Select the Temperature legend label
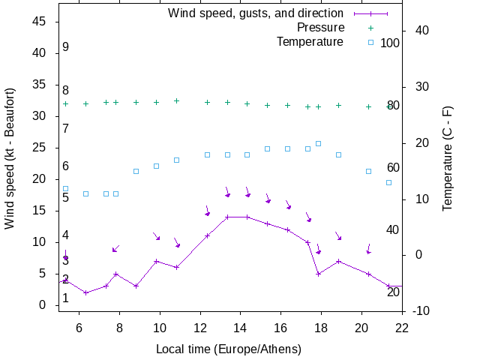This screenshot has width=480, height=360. click(309, 42)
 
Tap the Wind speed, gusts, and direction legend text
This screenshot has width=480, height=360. click(255, 13)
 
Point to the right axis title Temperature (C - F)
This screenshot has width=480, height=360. click(448, 158)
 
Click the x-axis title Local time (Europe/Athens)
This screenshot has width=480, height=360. click(229, 349)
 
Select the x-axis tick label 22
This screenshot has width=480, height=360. click(402, 327)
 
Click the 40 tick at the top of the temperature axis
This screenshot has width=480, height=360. click(417, 31)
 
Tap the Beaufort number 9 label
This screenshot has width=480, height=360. click(66, 47)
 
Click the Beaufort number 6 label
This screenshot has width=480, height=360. click(66, 166)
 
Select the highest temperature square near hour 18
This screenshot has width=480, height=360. click(318, 143)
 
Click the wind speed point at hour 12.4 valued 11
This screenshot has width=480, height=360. click(207, 235)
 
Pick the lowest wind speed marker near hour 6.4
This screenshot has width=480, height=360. click(85, 292)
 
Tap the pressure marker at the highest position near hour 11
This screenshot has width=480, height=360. click(176, 100)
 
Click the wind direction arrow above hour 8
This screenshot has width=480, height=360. click(115, 248)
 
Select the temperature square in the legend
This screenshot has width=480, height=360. click(370, 42)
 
